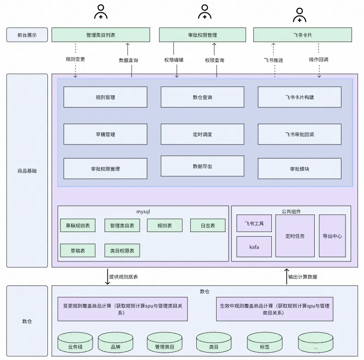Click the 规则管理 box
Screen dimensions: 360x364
pyautogui.click(x=105, y=97)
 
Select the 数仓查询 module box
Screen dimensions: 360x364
pyautogui.click(x=202, y=97)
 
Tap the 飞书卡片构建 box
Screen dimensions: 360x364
pyautogui.click(x=299, y=97)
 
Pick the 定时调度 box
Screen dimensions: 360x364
pyautogui.click(x=202, y=134)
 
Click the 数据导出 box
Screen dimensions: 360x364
pyautogui.click(x=202, y=166)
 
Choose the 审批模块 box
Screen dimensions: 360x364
pyautogui.click(x=299, y=169)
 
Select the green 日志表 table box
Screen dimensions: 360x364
pyautogui.click(x=208, y=226)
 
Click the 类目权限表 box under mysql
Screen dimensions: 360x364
pyautogui.click(x=122, y=250)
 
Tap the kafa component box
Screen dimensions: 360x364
pyautogui.click(x=254, y=247)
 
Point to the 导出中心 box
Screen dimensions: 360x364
pyautogui.click(x=332, y=236)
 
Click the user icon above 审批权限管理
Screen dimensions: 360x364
pyautogui.click(x=205, y=12)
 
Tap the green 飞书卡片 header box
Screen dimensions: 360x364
pyautogui.click(x=302, y=35)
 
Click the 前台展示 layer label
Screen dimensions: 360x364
pyautogui.click(x=27, y=35)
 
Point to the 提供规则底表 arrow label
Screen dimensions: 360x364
pyautogui.click(x=123, y=277)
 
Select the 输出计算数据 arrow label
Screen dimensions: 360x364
pyautogui.click(x=303, y=277)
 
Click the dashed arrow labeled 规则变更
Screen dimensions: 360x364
pyautogui.click(x=75, y=59)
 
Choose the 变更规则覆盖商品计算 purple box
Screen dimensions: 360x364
pyautogui.click(x=123, y=309)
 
